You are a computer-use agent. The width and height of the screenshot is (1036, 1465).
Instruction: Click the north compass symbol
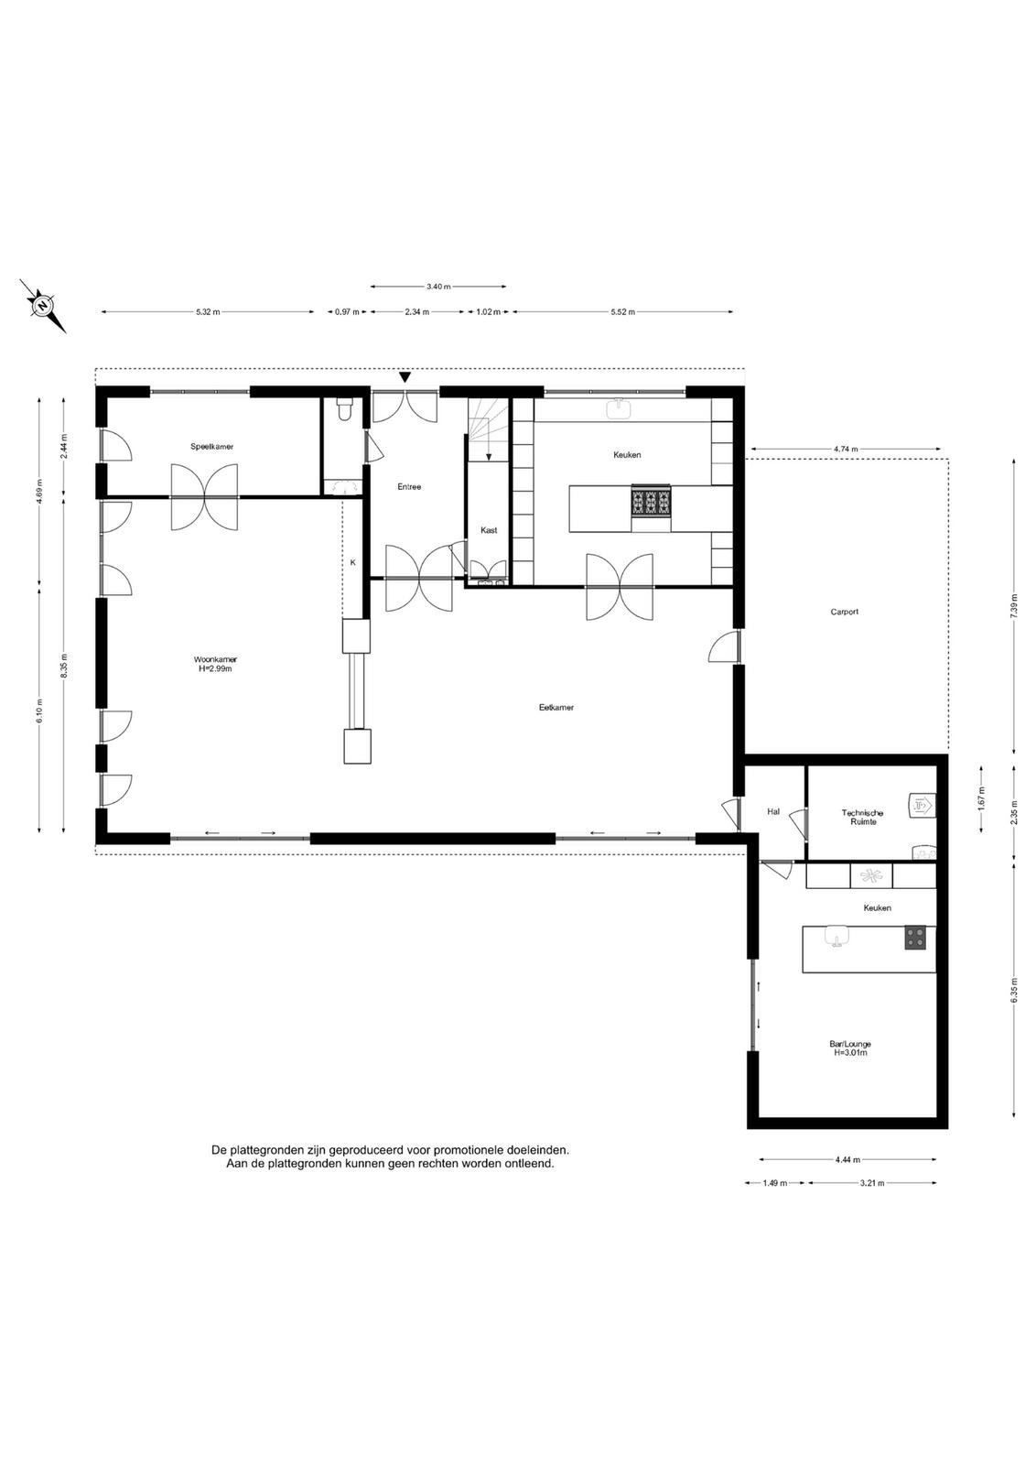(x=42, y=306)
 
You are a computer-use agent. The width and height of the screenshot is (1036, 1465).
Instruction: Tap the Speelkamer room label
(x=211, y=447)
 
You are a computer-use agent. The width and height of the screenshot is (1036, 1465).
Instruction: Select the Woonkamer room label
(x=215, y=659)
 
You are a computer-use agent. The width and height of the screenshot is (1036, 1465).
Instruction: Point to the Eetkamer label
(x=556, y=707)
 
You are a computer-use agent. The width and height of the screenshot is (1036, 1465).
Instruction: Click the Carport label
(x=845, y=612)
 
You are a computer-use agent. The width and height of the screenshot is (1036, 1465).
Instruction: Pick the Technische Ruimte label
(x=863, y=817)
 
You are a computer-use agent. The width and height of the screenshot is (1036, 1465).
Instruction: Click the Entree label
(x=409, y=486)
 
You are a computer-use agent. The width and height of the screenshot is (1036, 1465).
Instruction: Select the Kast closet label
(x=489, y=530)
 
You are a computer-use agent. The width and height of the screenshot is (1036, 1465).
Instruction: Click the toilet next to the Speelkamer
(x=344, y=408)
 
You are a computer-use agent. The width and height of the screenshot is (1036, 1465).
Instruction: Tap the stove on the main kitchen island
(x=651, y=503)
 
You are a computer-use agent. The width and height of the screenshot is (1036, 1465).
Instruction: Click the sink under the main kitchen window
(x=619, y=408)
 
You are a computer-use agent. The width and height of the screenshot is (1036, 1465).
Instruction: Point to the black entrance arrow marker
(x=405, y=377)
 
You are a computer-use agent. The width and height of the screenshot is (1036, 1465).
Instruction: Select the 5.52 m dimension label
(x=623, y=312)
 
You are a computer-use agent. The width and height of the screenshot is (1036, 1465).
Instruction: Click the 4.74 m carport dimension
(x=846, y=449)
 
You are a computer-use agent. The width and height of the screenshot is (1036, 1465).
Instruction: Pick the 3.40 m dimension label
(x=438, y=286)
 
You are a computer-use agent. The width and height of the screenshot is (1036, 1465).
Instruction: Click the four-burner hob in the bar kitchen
(x=915, y=938)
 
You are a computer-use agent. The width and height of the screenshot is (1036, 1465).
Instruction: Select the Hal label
(x=773, y=811)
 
